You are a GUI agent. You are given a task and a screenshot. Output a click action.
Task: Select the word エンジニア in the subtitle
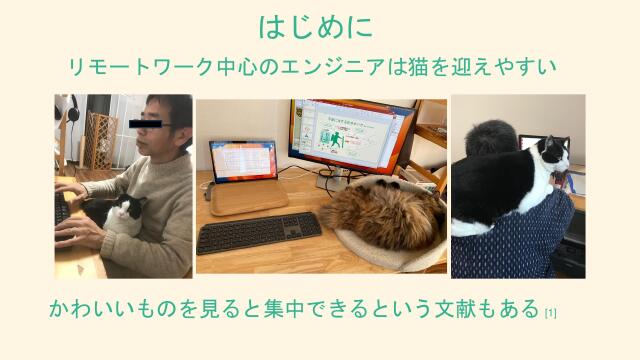pos(336,67)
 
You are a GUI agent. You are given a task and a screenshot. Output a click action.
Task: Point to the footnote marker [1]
pos(551,313)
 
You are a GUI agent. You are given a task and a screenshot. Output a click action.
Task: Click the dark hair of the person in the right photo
pos(494,137)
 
